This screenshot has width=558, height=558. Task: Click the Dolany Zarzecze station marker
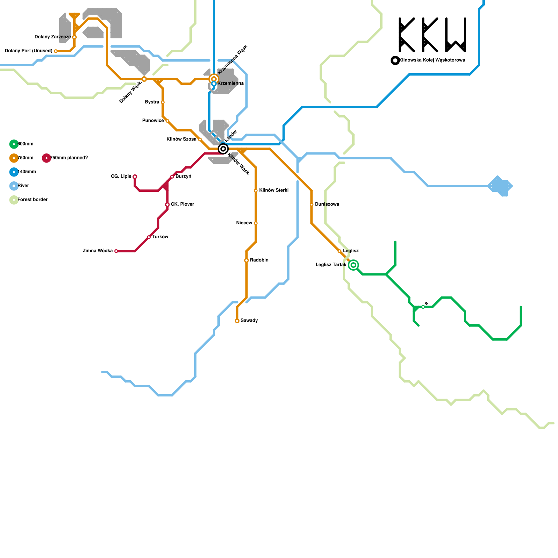tap(74, 37)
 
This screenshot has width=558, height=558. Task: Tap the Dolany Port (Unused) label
tap(29, 51)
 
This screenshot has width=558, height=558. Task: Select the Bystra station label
tap(152, 102)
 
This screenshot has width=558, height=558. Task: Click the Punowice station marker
tap(167, 121)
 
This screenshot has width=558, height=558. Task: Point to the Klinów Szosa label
tap(181, 139)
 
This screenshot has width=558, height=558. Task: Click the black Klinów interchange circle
tap(223, 149)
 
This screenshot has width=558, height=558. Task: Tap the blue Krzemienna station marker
tap(214, 84)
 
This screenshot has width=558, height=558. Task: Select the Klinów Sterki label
tap(274, 190)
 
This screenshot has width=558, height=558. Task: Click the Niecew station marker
tap(256, 223)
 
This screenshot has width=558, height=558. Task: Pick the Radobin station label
tap(259, 260)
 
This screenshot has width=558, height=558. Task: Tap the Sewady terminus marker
tap(237, 321)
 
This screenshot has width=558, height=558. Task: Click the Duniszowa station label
tap(327, 204)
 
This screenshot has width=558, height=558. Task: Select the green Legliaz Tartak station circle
tap(353, 265)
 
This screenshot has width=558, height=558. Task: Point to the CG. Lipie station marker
tap(135, 176)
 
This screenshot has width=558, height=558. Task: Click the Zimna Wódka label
tap(98, 251)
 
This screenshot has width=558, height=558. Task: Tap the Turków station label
tap(160, 237)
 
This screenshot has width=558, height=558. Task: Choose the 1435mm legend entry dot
tap(14, 172)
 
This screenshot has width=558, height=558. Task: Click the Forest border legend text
tap(32, 200)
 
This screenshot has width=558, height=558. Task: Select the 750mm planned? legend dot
tap(46, 158)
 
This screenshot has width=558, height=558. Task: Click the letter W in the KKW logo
tap(456, 35)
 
